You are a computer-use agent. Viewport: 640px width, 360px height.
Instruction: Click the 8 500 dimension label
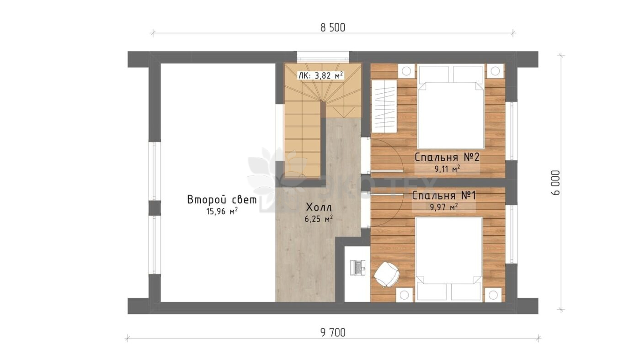[x=333, y=28]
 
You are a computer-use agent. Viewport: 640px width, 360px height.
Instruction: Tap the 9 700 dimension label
[x=333, y=333]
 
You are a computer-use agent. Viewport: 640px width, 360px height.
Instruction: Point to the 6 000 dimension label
[x=556, y=183]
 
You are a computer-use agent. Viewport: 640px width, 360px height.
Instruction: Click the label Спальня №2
[x=447, y=157]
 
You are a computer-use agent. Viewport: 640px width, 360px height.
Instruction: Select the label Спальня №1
[x=444, y=196]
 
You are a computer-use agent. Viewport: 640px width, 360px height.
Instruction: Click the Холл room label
[x=319, y=207]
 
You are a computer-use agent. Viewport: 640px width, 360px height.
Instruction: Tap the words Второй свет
[x=222, y=200]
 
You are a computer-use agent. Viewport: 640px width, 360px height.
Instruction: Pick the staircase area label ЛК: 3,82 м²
[x=320, y=76]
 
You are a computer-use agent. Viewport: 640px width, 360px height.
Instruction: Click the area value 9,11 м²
[x=447, y=169]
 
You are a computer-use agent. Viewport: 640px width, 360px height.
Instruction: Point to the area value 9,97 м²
[x=444, y=207]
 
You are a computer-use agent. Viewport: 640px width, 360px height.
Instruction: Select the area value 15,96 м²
[x=222, y=212]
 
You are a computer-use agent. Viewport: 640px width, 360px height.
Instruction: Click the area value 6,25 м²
[x=319, y=219]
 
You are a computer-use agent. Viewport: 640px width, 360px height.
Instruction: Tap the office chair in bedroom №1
[x=387, y=275]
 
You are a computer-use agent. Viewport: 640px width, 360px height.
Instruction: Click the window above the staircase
[x=323, y=57]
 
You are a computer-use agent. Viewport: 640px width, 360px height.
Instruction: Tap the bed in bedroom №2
[x=451, y=107]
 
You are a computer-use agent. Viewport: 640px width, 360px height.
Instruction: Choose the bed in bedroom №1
[x=448, y=259]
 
